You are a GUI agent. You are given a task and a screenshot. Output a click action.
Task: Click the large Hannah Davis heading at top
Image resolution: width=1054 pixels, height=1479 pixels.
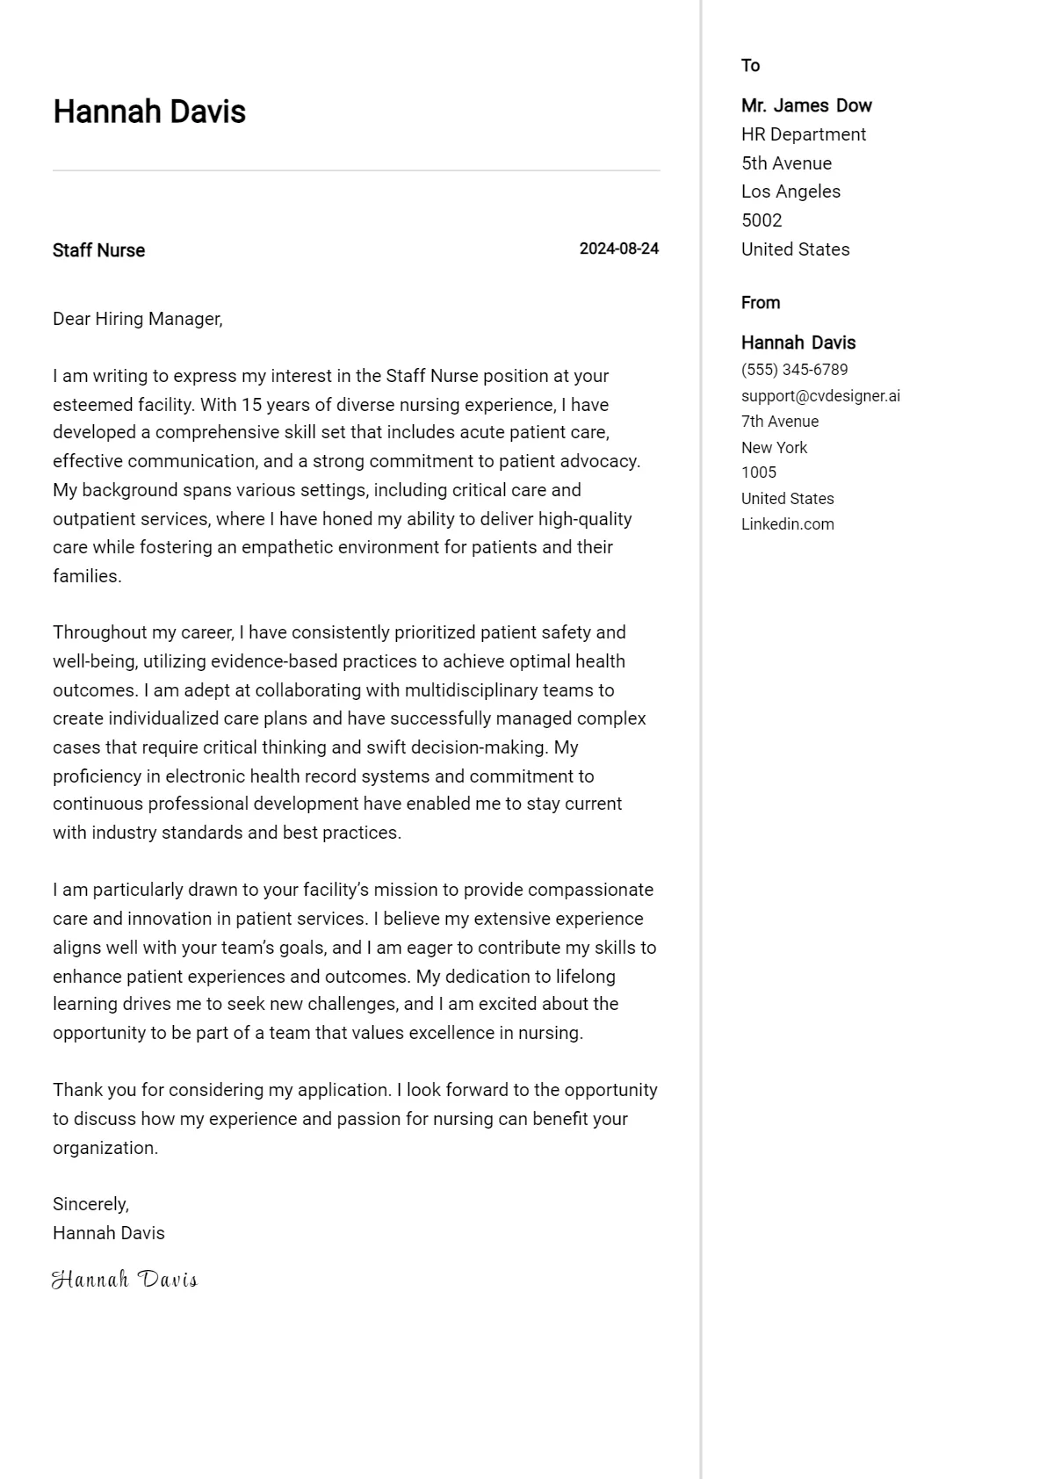[149, 112]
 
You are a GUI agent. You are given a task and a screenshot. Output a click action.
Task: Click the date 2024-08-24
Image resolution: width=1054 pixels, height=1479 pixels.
[618, 249]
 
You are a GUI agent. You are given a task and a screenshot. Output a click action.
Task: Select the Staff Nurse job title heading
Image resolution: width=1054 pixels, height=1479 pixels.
[98, 250]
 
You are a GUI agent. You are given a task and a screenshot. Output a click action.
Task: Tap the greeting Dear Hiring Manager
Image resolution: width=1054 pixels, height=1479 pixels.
[137, 319]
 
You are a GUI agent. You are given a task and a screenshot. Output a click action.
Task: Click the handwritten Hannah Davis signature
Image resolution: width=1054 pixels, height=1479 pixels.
[125, 1280]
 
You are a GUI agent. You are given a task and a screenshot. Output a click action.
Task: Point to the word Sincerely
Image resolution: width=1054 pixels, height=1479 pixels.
[90, 1204]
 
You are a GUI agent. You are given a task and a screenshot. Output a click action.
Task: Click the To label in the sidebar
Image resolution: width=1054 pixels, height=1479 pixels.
[750, 65]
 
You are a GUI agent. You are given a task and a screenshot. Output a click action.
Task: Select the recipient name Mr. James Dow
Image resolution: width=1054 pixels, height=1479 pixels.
[805, 105]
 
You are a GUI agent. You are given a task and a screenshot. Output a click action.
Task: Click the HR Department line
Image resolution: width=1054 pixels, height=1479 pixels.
[803, 134]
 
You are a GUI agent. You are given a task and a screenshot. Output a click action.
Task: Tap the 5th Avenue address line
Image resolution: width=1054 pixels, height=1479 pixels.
[786, 163]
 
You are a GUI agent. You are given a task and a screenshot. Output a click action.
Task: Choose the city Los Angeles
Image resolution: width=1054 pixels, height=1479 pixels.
[790, 191]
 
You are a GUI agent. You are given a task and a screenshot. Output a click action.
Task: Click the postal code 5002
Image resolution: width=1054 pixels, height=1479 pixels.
[761, 220]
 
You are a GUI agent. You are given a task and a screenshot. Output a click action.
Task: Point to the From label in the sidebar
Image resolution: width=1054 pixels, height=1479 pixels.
[760, 302]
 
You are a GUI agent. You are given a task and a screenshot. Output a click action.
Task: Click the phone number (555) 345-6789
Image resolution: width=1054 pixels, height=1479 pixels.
[794, 370]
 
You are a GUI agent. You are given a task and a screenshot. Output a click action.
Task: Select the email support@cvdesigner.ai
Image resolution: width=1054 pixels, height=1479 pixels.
[820, 395]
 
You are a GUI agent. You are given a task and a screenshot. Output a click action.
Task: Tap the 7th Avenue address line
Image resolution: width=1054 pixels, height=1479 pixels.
[779, 422]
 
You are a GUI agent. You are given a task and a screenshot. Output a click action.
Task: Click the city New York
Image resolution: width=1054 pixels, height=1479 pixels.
[774, 447]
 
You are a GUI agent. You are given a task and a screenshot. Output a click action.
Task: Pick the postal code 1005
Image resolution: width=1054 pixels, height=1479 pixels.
[758, 473]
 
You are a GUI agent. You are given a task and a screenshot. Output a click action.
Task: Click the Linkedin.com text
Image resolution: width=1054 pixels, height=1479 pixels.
[787, 524]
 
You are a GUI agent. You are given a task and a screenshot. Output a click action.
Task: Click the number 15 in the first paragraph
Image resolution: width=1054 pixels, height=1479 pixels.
[251, 405]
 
